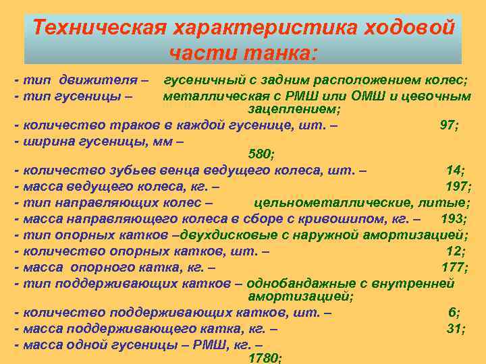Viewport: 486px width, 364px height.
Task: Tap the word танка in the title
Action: tap(276, 51)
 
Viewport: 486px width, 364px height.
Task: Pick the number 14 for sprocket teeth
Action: tap(456, 171)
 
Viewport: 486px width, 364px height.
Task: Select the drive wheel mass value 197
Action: tap(457, 186)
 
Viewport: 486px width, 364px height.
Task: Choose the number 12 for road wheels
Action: tap(455, 251)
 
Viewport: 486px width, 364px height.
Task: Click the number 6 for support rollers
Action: tap(454, 313)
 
